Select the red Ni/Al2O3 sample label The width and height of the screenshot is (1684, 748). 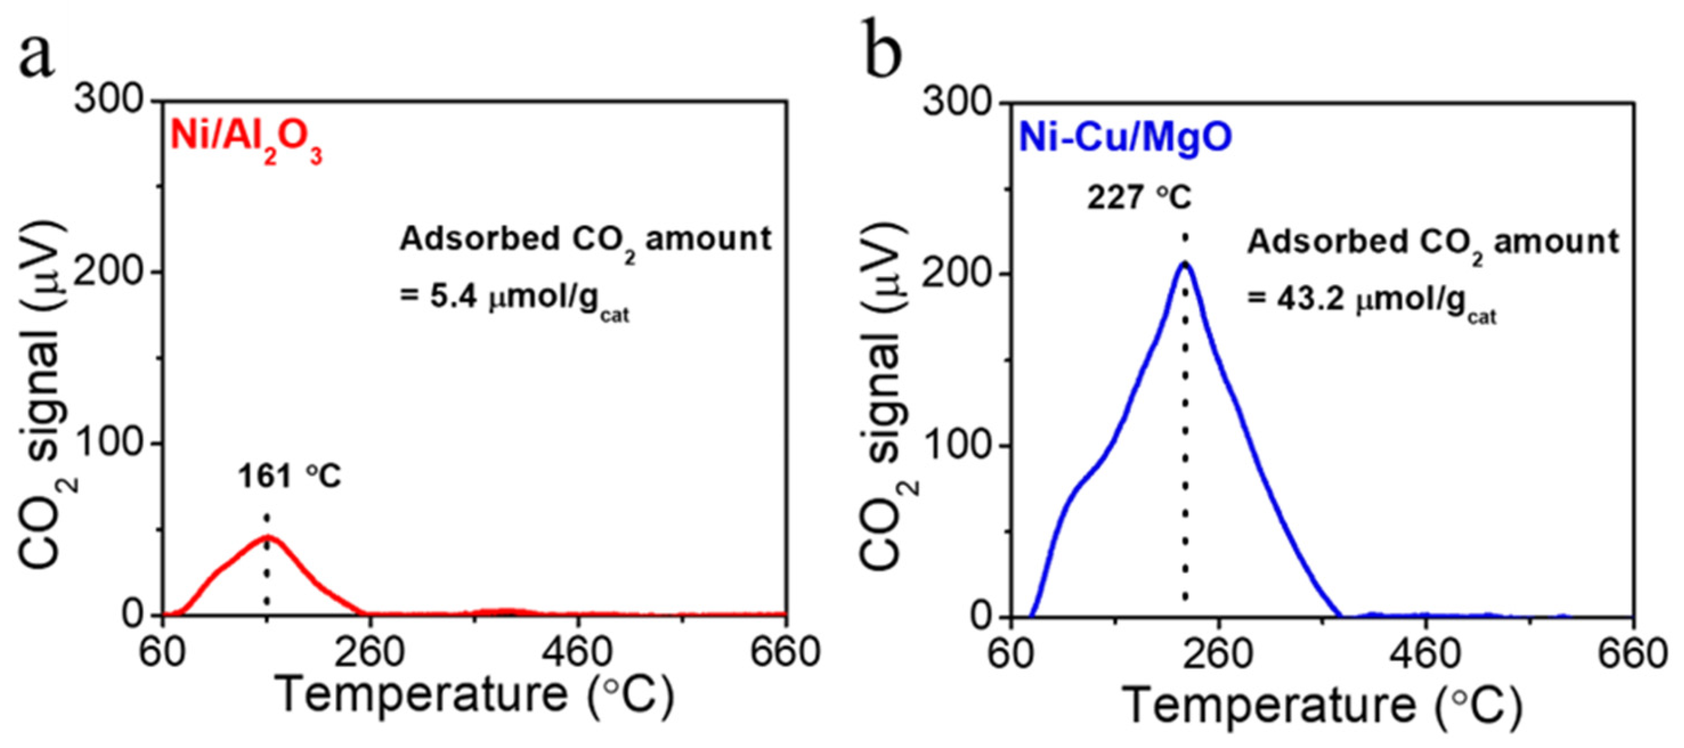(247, 139)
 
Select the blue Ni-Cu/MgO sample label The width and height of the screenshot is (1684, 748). (1125, 138)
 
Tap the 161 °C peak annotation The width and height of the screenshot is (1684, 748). (289, 476)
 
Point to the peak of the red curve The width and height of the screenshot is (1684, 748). (267, 537)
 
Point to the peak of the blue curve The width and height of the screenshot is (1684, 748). (1185, 263)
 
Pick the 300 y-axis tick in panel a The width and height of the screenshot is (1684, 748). (108, 101)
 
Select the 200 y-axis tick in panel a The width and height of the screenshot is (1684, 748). (108, 273)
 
